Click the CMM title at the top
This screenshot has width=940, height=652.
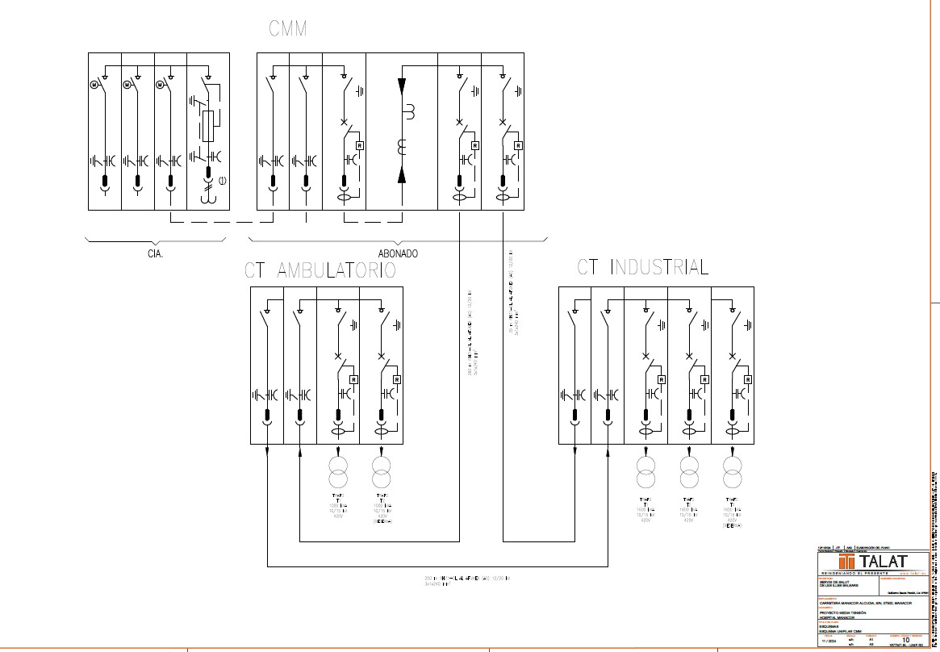coord(287,30)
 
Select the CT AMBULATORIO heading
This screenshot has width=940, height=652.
coord(320,270)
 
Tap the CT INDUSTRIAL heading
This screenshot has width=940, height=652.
coord(643,267)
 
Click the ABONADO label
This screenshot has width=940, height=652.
coord(398,253)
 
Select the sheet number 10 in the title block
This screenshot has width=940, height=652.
coord(906,639)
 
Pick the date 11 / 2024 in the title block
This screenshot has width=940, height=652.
coord(828,642)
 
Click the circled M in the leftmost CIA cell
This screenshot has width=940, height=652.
coord(94,84)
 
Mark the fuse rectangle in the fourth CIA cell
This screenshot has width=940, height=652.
coord(210,126)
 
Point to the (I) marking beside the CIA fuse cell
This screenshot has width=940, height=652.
coord(221,180)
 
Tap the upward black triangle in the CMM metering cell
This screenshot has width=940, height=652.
coord(402,176)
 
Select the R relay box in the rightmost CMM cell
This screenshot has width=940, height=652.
coord(517,145)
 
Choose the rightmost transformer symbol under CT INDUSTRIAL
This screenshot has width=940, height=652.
coord(733,471)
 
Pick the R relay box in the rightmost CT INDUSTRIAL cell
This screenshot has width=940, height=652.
coord(748,378)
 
